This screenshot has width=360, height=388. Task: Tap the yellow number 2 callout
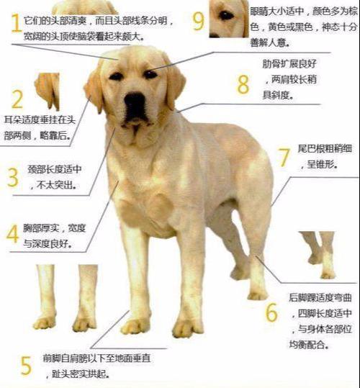[17, 99]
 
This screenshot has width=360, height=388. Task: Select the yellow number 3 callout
[12, 176]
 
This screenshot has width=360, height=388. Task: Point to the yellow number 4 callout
[12, 234]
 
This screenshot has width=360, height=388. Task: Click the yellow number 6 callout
[271, 312]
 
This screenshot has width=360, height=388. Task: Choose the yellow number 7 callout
[283, 157]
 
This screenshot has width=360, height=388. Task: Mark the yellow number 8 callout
[243, 83]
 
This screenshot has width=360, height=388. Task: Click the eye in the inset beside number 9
[226, 14]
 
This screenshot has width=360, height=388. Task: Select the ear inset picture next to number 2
[48, 89]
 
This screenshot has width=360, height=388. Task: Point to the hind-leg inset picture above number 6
[318, 254]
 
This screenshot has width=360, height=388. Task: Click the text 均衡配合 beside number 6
[310, 342]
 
